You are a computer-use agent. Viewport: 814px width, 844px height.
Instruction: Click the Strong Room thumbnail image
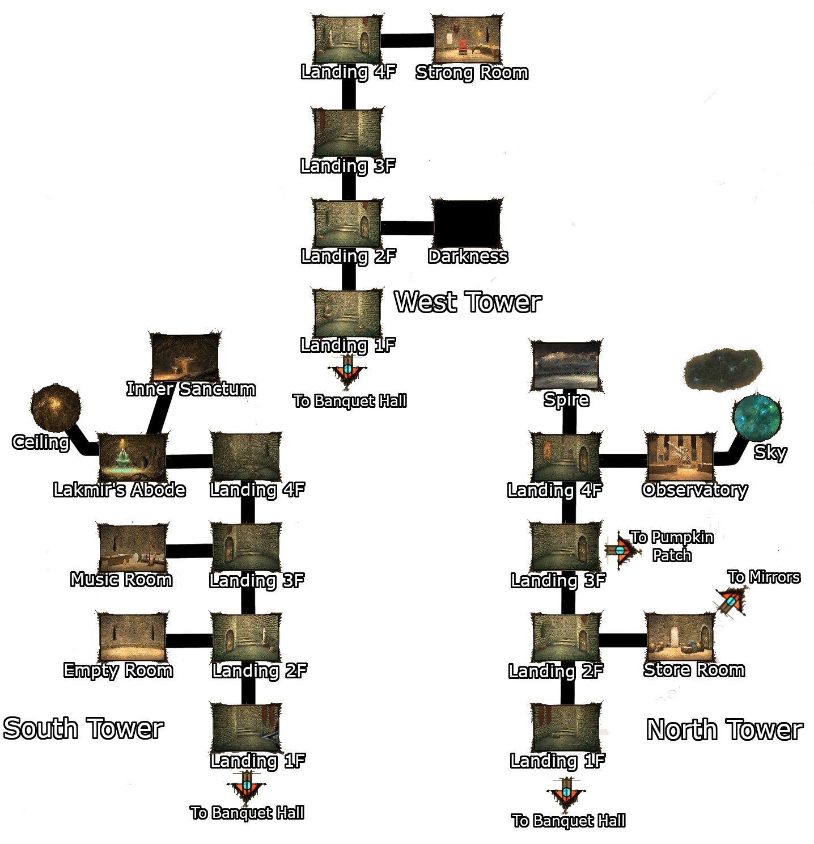click(x=467, y=39)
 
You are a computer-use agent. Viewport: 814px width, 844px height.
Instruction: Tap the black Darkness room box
click(x=467, y=223)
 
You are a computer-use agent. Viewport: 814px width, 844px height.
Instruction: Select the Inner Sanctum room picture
click(x=185, y=357)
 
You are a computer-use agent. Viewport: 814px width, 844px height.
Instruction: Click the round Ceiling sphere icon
click(x=55, y=407)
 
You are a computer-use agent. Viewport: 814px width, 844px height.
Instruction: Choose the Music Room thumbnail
click(x=132, y=547)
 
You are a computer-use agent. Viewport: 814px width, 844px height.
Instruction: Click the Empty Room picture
click(x=132, y=637)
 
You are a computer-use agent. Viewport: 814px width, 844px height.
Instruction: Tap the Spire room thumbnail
click(x=565, y=366)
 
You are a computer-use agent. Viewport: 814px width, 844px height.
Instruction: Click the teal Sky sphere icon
click(x=756, y=417)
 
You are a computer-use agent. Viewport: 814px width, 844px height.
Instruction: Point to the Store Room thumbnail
click(x=679, y=637)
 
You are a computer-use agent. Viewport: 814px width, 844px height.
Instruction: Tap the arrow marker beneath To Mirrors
click(x=731, y=602)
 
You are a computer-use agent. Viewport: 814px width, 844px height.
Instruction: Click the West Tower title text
click(x=468, y=302)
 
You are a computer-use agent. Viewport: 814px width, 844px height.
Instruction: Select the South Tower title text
click(x=83, y=729)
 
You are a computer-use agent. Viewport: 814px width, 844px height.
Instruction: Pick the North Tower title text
click(x=724, y=730)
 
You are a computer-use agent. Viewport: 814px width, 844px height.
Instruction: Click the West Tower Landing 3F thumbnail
click(x=347, y=133)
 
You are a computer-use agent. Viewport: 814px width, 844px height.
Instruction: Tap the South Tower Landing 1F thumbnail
click(x=246, y=727)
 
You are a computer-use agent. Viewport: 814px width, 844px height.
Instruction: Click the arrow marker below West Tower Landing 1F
click(x=347, y=370)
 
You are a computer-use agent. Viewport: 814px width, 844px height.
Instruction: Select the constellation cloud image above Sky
click(x=722, y=370)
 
